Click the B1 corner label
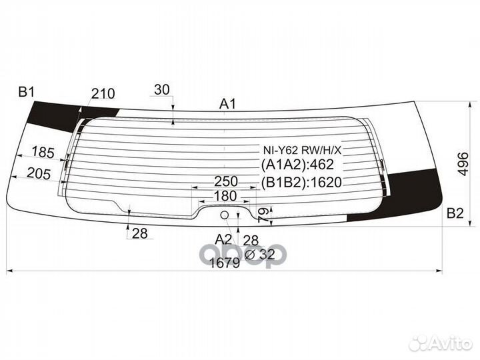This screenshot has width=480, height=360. pyautogui.click(x=27, y=92)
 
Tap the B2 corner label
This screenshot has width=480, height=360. pyautogui.click(x=455, y=213)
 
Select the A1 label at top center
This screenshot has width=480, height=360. pyautogui.click(x=228, y=104)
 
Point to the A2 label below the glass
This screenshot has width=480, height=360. pyautogui.click(x=223, y=239)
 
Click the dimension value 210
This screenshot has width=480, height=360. pyautogui.click(x=103, y=94)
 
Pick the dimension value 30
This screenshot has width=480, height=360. pyautogui.click(x=161, y=90)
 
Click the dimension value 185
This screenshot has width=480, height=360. pyautogui.click(x=43, y=153)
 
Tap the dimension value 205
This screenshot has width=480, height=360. pyautogui.click(x=39, y=174)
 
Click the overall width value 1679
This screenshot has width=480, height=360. pyautogui.click(x=225, y=263)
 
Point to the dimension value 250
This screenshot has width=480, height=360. pyautogui.click(x=226, y=181)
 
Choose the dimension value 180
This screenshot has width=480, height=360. pyautogui.click(x=225, y=196)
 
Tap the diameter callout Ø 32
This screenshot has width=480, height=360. pyautogui.click(x=260, y=254)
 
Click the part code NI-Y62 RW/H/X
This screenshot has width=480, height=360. pyautogui.click(x=302, y=150)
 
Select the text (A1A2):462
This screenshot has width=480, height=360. pyautogui.click(x=297, y=165)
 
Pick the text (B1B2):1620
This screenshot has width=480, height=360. pyautogui.click(x=301, y=183)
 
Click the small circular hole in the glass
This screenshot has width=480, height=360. pyautogui.click(x=225, y=215)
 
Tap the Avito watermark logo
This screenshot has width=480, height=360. pyautogui.click(x=441, y=343)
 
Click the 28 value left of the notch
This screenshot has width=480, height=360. pyautogui.click(x=140, y=233)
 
